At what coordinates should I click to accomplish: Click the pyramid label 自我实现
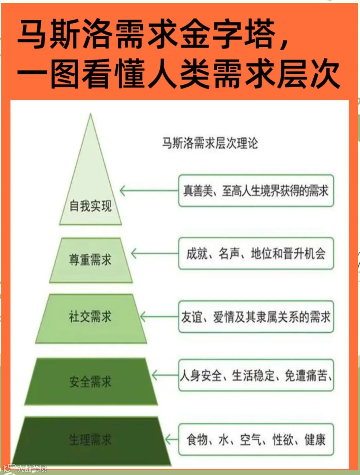point(90,206)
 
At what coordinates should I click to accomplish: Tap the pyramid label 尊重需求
point(90,260)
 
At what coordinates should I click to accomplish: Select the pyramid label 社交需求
point(90,316)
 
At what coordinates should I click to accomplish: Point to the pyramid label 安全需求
point(90,381)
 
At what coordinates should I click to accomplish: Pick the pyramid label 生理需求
point(90,440)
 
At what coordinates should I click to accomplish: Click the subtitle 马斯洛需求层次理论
point(210,143)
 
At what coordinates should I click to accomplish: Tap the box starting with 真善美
point(256,191)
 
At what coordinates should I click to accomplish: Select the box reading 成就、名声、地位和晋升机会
point(256,254)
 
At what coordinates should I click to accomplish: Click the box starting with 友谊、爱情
point(256,317)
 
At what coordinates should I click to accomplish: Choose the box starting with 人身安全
point(256,375)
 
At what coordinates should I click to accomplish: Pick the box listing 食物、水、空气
point(256,439)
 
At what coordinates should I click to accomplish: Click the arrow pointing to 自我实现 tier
point(149,191)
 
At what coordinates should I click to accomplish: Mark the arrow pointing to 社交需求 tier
point(159,317)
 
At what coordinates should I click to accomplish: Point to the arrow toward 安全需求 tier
point(165,375)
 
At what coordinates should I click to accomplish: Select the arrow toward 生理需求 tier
point(172,439)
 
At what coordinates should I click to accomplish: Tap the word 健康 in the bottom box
point(315,439)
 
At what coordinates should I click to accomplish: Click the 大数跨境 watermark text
point(32,469)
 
